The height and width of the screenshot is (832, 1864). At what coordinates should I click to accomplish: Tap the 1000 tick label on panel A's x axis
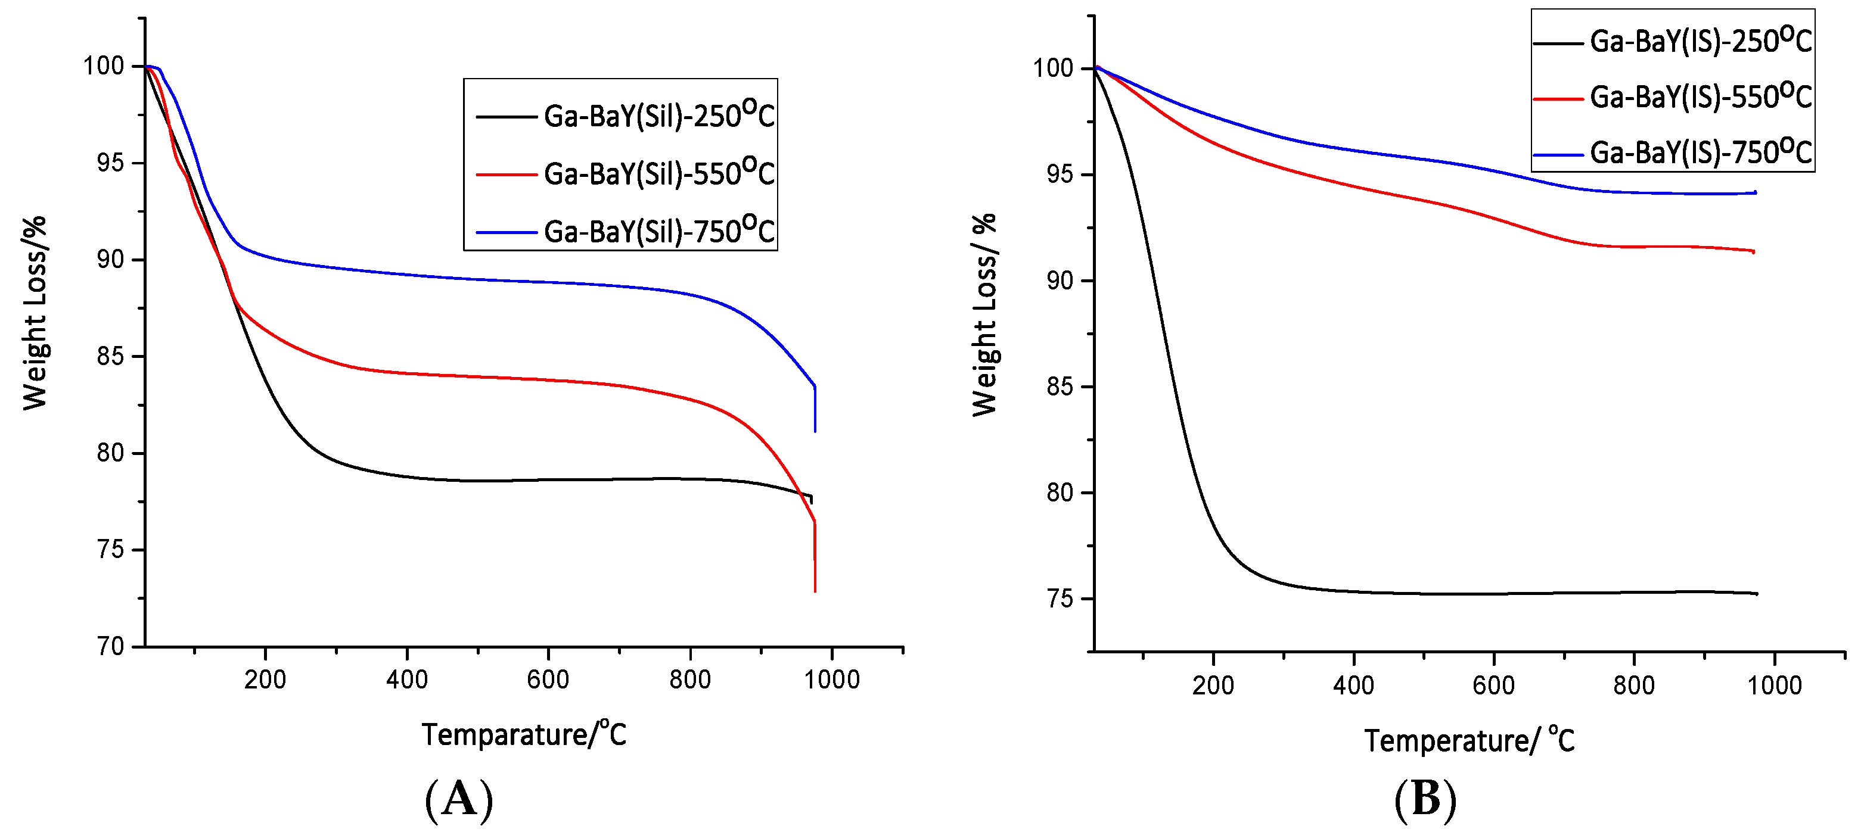click(x=832, y=680)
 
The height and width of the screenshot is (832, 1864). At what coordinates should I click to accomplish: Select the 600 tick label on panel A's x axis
click(x=548, y=680)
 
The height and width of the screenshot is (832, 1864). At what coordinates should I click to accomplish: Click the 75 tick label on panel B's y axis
click(x=1060, y=599)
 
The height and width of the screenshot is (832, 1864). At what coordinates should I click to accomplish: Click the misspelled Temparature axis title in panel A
click(x=524, y=735)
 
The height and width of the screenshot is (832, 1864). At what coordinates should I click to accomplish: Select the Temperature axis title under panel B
click(x=1469, y=741)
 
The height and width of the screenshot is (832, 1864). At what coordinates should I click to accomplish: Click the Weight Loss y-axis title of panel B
click(x=984, y=314)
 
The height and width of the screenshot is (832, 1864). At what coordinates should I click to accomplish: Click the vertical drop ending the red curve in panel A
click(x=815, y=557)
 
